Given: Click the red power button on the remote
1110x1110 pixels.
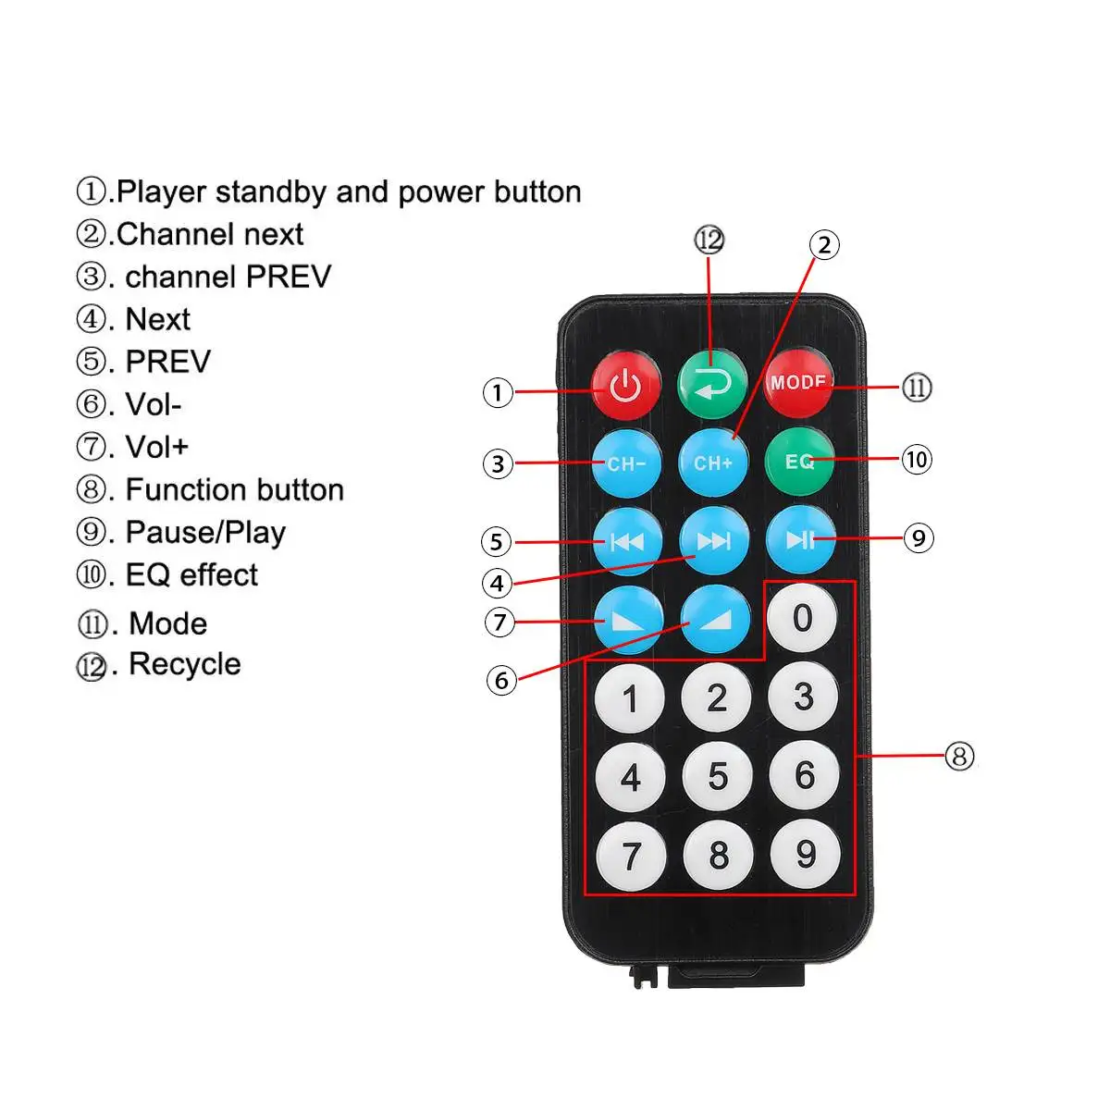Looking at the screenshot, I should click(626, 385).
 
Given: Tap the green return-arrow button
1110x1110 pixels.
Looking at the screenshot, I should click(711, 383).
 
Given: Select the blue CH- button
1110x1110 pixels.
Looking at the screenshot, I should click(626, 462).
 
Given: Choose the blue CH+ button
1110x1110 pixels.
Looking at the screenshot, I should click(713, 462).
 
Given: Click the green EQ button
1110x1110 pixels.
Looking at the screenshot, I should click(799, 461).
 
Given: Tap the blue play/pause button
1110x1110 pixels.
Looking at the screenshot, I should click(801, 540).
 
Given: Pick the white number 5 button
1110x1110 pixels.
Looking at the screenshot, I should click(718, 777).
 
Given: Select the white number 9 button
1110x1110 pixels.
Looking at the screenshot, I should click(806, 854).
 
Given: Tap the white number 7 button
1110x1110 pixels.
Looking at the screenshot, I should click(631, 856).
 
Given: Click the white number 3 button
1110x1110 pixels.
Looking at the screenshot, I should click(804, 697).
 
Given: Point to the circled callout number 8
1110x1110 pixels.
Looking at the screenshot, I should click(959, 757).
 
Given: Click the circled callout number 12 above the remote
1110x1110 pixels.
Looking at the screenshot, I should click(709, 240).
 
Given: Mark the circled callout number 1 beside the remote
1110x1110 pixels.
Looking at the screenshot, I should click(498, 392).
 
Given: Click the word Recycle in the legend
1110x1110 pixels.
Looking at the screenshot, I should click(185, 664).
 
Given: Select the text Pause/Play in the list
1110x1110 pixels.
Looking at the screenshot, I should click(205, 533).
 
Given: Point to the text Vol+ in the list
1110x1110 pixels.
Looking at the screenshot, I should click(156, 448).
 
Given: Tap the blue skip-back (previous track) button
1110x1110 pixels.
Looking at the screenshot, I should click(627, 542).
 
